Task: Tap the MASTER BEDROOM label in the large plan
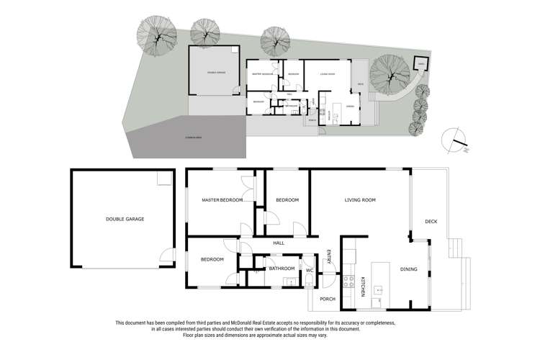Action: (222, 200)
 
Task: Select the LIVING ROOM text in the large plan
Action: (361, 200)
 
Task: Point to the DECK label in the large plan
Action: (431, 221)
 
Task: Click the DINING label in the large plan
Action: (409, 269)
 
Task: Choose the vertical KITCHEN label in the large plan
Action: (363, 287)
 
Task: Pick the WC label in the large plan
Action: (310, 270)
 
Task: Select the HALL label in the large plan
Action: (279, 243)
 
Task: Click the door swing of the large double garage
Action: (168, 255)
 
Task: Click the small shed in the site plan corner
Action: (421, 64)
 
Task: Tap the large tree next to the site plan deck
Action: (390, 74)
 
